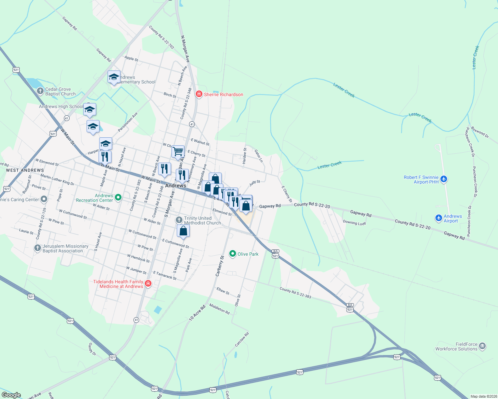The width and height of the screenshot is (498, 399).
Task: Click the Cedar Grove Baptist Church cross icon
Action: pyautogui.click(x=40, y=91)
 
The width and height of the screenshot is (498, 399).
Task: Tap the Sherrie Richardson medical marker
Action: pyautogui.click(x=199, y=94)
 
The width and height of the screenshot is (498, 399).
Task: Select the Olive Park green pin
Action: pyautogui.click(x=233, y=254)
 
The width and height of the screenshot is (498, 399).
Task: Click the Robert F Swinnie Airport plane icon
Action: pyautogui.click(x=443, y=179)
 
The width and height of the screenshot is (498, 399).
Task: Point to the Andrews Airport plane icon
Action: pyautogui.click(x=439, y=218)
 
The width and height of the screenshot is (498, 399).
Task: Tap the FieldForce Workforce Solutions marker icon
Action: pyautogui.click(x=482, y=346)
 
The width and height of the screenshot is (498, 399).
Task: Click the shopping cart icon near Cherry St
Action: pyautogui.click(x=178, y=151)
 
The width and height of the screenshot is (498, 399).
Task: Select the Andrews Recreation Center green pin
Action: pyautogui.click(x=118, y=198)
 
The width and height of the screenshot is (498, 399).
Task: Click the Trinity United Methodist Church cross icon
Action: pyautogui.click(x=179, y=220)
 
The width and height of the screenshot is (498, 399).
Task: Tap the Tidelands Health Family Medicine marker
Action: pyautogui.click(x=148, y=284)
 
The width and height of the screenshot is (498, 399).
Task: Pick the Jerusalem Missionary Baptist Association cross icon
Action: pyautogui.click(x=38, y=248)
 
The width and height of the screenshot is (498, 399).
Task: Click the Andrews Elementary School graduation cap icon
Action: pyautogui.click(x=114, y=77)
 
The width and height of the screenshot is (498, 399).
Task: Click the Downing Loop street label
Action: pyautogui.click(x=355, y=223)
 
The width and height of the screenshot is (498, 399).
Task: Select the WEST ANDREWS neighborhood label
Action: pyautogui.click(x=25, y=170)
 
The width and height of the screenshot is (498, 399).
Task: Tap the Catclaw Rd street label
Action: pyautogui.click(x=242, y=339)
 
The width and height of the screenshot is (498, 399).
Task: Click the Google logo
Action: pyautogui.click(x=11, y=395)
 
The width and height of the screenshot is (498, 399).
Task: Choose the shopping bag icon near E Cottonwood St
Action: pyautogui.click(x=183, y=230)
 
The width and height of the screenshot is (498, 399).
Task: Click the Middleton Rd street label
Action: pyautogui.click(x=219, y=309)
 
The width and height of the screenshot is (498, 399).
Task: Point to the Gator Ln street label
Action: pyautogui.click(x=259, y=156)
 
